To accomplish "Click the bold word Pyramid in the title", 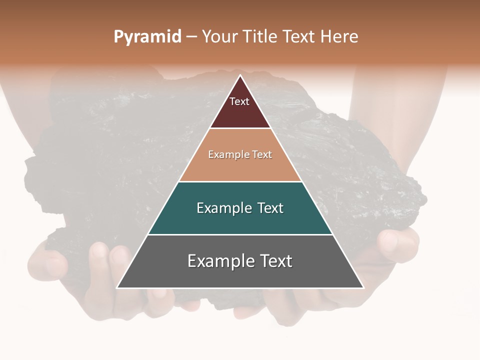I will coord(147,37).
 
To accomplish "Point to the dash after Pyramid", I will coord(191,37).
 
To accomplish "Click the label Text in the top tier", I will coord(239,101).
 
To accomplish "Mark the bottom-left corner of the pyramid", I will coord(117,287).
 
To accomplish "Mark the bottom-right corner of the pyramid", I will coord(363,287).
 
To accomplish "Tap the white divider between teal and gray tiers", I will coord(240,234).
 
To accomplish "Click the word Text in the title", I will coord(299,37).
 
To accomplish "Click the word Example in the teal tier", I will coord(222,208).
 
